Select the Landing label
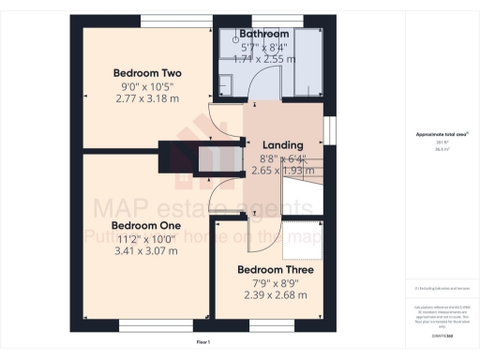click(282, 145)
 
